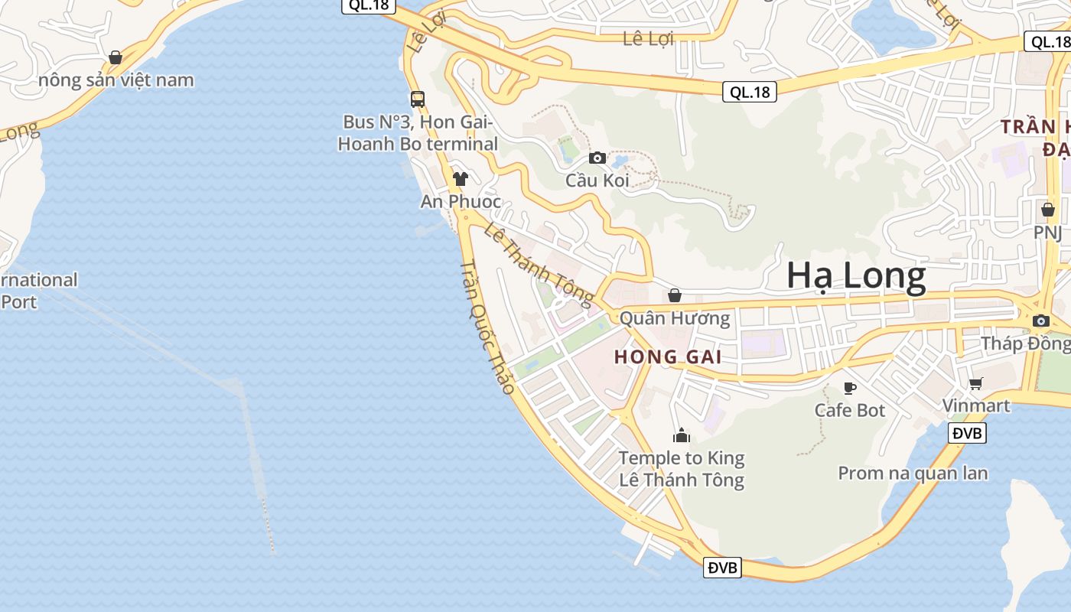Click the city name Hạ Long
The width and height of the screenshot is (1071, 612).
[x=856, y=276]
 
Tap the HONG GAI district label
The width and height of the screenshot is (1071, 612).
[x=668, y=356]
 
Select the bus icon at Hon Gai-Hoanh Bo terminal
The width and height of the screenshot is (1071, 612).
[x=417, y=99]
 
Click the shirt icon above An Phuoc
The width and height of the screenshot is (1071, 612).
[x=460, y=179]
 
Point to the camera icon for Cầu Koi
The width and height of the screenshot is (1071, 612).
[x=597, y=158]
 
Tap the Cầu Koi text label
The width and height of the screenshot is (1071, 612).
[x=597, y=181]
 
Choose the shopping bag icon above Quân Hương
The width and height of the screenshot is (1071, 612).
[x=675, y=295]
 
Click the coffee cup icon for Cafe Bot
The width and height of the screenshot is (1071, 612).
[x=849, y=388]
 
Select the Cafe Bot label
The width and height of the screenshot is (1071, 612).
[x=849, y=410]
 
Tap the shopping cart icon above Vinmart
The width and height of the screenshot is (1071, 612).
[x=975, y=383]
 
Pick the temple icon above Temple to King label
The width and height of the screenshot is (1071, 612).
[x=681, y=435]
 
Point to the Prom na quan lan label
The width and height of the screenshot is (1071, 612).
[x=913, y=473]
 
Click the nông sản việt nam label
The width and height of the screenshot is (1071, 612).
[x=116, y=80]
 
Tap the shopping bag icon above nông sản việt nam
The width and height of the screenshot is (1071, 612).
[x=116, y=57]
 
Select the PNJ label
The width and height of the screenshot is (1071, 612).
[x=1047, y=231]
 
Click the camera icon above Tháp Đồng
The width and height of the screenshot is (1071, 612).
[x=1040, y=321]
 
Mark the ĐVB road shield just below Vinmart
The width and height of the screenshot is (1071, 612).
[x=967, y=433]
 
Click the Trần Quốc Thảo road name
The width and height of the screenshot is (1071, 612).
[x=487, y=327]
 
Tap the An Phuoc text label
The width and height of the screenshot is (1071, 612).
[x=461, y=201]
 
